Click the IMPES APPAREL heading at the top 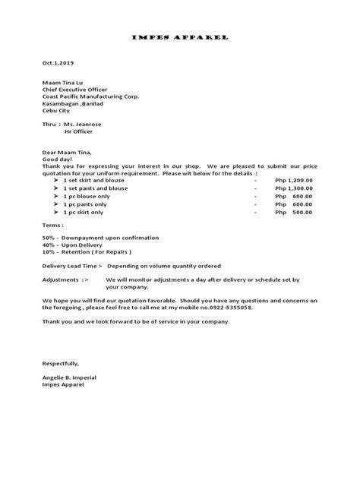point(179,36)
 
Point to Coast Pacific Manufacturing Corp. point(90,96)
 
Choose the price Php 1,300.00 point(294,190)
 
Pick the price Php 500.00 point(294,213)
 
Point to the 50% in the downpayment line point(49,238)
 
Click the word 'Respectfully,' point(60,364)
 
